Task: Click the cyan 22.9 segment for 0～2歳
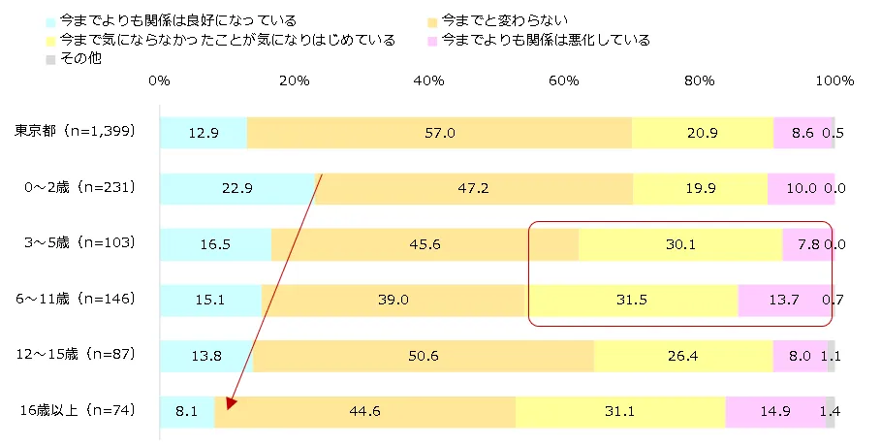tap(236, 188)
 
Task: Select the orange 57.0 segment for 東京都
tap(439, 132)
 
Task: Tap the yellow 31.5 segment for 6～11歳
tap(631, 301)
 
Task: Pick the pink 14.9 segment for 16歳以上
tap(774, 412)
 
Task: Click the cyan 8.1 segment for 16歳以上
tap(187, 412)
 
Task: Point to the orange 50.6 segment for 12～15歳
tap(424, 357)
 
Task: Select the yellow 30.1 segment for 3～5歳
tap(680, 244)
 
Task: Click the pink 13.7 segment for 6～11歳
tap(783, 301)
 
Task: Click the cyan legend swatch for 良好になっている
tap(50, 20)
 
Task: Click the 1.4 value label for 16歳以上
tap(833, 412)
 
